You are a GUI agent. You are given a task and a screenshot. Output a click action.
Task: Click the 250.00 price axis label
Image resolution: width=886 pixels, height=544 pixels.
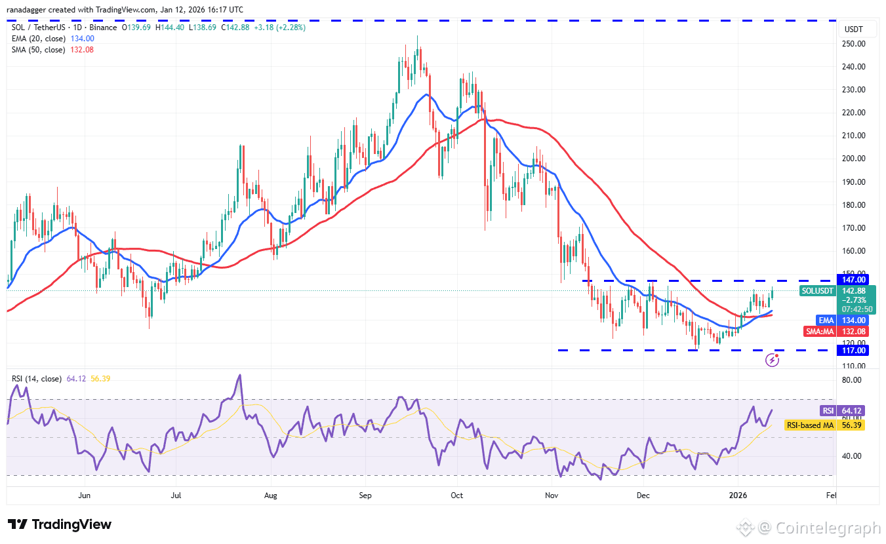(x=854, y=44)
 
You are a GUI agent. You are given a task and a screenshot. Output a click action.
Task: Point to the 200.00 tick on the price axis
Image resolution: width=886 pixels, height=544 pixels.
(x=854, y=159)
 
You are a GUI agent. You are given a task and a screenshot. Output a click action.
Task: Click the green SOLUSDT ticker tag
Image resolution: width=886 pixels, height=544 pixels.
(x=817, y=290)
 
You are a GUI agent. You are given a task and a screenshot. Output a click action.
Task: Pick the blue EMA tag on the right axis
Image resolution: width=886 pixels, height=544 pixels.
(x=825, y=320)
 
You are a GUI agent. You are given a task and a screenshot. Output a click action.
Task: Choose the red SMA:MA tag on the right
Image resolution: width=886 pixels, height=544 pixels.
(x=820, y=332)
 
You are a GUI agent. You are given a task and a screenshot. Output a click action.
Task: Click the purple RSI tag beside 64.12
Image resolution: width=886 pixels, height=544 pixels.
(x=828, y=411)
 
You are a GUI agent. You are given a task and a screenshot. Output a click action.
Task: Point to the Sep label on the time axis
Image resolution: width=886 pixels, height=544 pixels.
(x=366, y=495)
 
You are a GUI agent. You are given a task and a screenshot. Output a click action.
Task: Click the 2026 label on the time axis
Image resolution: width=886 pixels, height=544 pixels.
(x=738, y=495)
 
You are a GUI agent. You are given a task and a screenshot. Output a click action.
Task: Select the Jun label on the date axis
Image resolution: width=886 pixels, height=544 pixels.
(x=84, y=495)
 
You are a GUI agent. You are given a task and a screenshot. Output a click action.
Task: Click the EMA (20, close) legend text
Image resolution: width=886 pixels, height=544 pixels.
(x=37, y=39)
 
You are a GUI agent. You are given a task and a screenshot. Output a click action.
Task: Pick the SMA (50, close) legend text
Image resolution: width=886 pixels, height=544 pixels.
(x=37, y=50)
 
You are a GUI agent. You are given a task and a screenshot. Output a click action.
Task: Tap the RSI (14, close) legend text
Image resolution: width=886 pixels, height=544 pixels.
(x=37, y=378)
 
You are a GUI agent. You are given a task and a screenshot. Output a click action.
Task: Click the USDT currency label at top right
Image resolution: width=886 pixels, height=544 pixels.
(x=854, y=29)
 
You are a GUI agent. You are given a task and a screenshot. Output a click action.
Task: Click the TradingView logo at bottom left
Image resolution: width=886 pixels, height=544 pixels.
(x=60, y=524)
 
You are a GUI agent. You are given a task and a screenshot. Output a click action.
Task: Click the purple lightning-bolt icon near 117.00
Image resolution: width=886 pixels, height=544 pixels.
(x=773, y=360)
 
